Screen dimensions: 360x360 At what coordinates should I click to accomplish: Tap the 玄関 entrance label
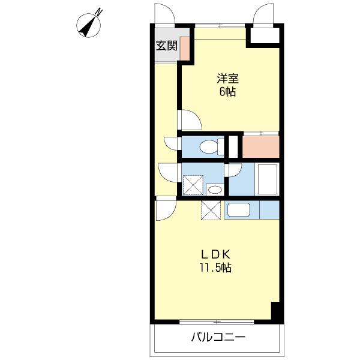pyautogui.click(x=166, y=46)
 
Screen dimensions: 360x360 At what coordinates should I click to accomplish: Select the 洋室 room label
pyautogui.click(x=226, y=79)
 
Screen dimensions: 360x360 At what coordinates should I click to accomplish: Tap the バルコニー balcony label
pyautogui.click(x=218, y=337)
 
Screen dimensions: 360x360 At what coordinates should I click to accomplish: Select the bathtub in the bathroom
pyautogui.click(x=266, y=179)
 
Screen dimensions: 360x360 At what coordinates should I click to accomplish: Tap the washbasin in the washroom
pyautogui.click(x=214, y=190)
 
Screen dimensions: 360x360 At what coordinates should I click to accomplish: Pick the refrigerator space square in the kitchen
pyautogui.click(x=211, y=211)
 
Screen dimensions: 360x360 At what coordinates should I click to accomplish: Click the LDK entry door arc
pyautogui.click(x=166, y=210)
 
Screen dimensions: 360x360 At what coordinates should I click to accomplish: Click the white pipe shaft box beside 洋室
pyautogui.click(x=265, y=35)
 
